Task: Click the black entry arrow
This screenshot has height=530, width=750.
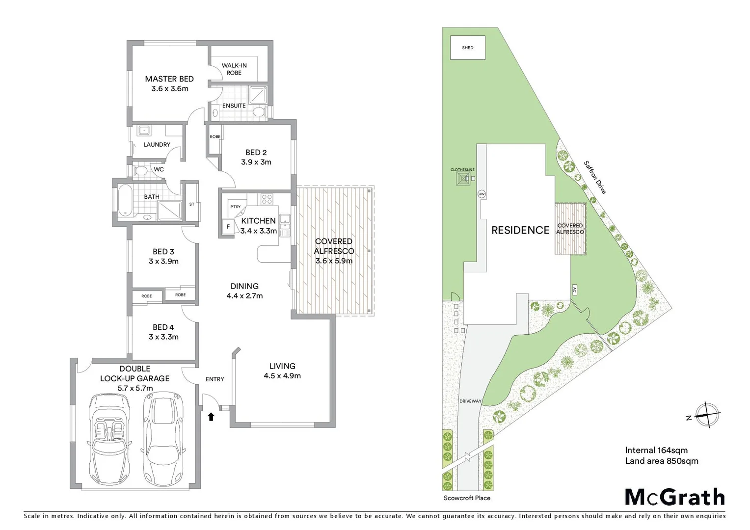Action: tap(211, 417)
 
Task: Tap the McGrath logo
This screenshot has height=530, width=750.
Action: tap(675, 497)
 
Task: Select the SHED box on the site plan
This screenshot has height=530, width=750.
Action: tap(468, 48)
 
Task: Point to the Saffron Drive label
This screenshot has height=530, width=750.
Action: tap(595, 177)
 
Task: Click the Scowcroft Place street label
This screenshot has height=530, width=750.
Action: tap(467, 498)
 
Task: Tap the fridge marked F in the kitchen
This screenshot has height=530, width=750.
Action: tap(228, 227)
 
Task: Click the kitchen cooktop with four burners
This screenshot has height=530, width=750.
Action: tap(267, 199)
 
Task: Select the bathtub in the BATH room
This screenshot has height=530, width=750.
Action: tap(124, 200)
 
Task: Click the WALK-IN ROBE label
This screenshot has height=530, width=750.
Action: tap(234, 69)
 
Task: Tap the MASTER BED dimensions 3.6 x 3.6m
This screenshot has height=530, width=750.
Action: tap(170, 89)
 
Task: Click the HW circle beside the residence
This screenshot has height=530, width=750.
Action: tap(482, 194)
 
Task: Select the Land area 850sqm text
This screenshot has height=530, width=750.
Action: tap(661, 461)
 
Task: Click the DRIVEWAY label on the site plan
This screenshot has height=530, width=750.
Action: tap(470, 401)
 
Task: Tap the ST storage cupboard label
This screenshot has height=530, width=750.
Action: tap(192, 204)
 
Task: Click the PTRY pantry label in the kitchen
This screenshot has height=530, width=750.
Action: tap(236, 207)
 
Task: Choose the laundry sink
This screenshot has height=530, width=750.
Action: tap(143, 131)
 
